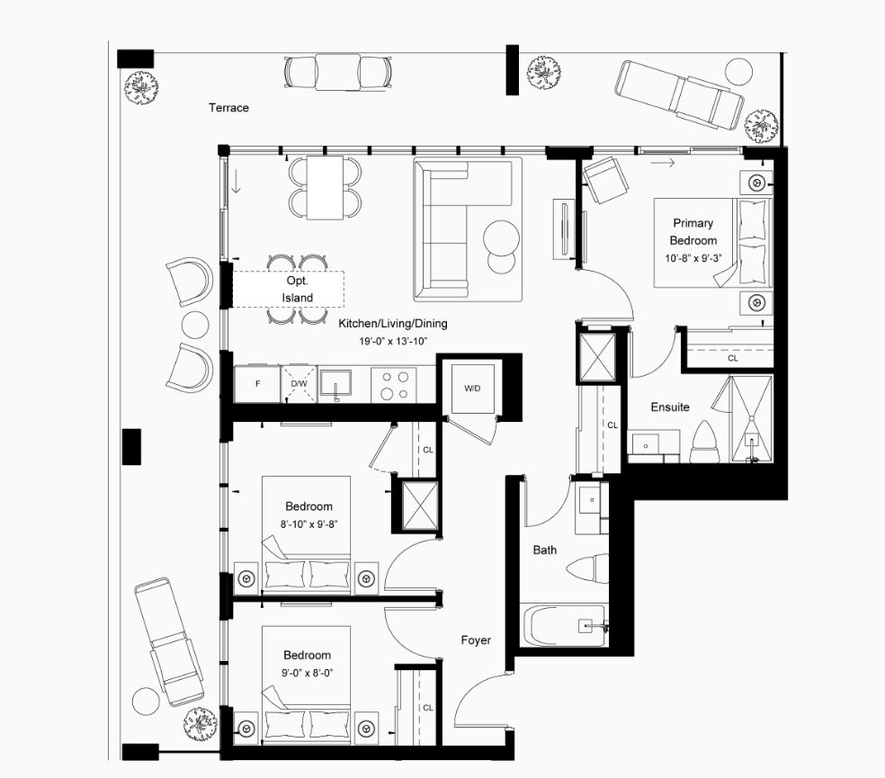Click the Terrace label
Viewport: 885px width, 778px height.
[228, 108]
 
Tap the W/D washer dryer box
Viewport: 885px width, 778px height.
[472, 388]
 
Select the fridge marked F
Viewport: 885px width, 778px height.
[257, 384]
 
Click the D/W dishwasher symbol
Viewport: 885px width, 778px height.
[299, 384]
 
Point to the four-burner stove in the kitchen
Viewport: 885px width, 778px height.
[394, 385]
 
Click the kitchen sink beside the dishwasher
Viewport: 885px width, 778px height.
[335, 383]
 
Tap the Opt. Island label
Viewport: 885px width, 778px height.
[298, 289]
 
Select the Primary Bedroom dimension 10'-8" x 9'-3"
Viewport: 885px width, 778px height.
[693, 258]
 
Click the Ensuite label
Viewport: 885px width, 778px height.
[670, 407]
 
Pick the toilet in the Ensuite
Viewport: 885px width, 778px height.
[704, 443]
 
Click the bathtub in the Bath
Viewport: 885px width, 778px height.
[563, 625]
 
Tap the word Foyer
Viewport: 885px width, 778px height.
[476, 640]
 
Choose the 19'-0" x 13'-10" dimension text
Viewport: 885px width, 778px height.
[393, 341]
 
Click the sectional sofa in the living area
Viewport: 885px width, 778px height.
[468, 229]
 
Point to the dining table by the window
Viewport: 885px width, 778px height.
[325, 188]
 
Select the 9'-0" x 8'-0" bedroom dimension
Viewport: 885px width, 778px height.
[308, 673]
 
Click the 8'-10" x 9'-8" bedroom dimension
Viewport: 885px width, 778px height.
[308, 524]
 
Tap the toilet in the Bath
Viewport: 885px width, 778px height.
[587, 568]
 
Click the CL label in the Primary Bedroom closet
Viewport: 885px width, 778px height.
[733, 358]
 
